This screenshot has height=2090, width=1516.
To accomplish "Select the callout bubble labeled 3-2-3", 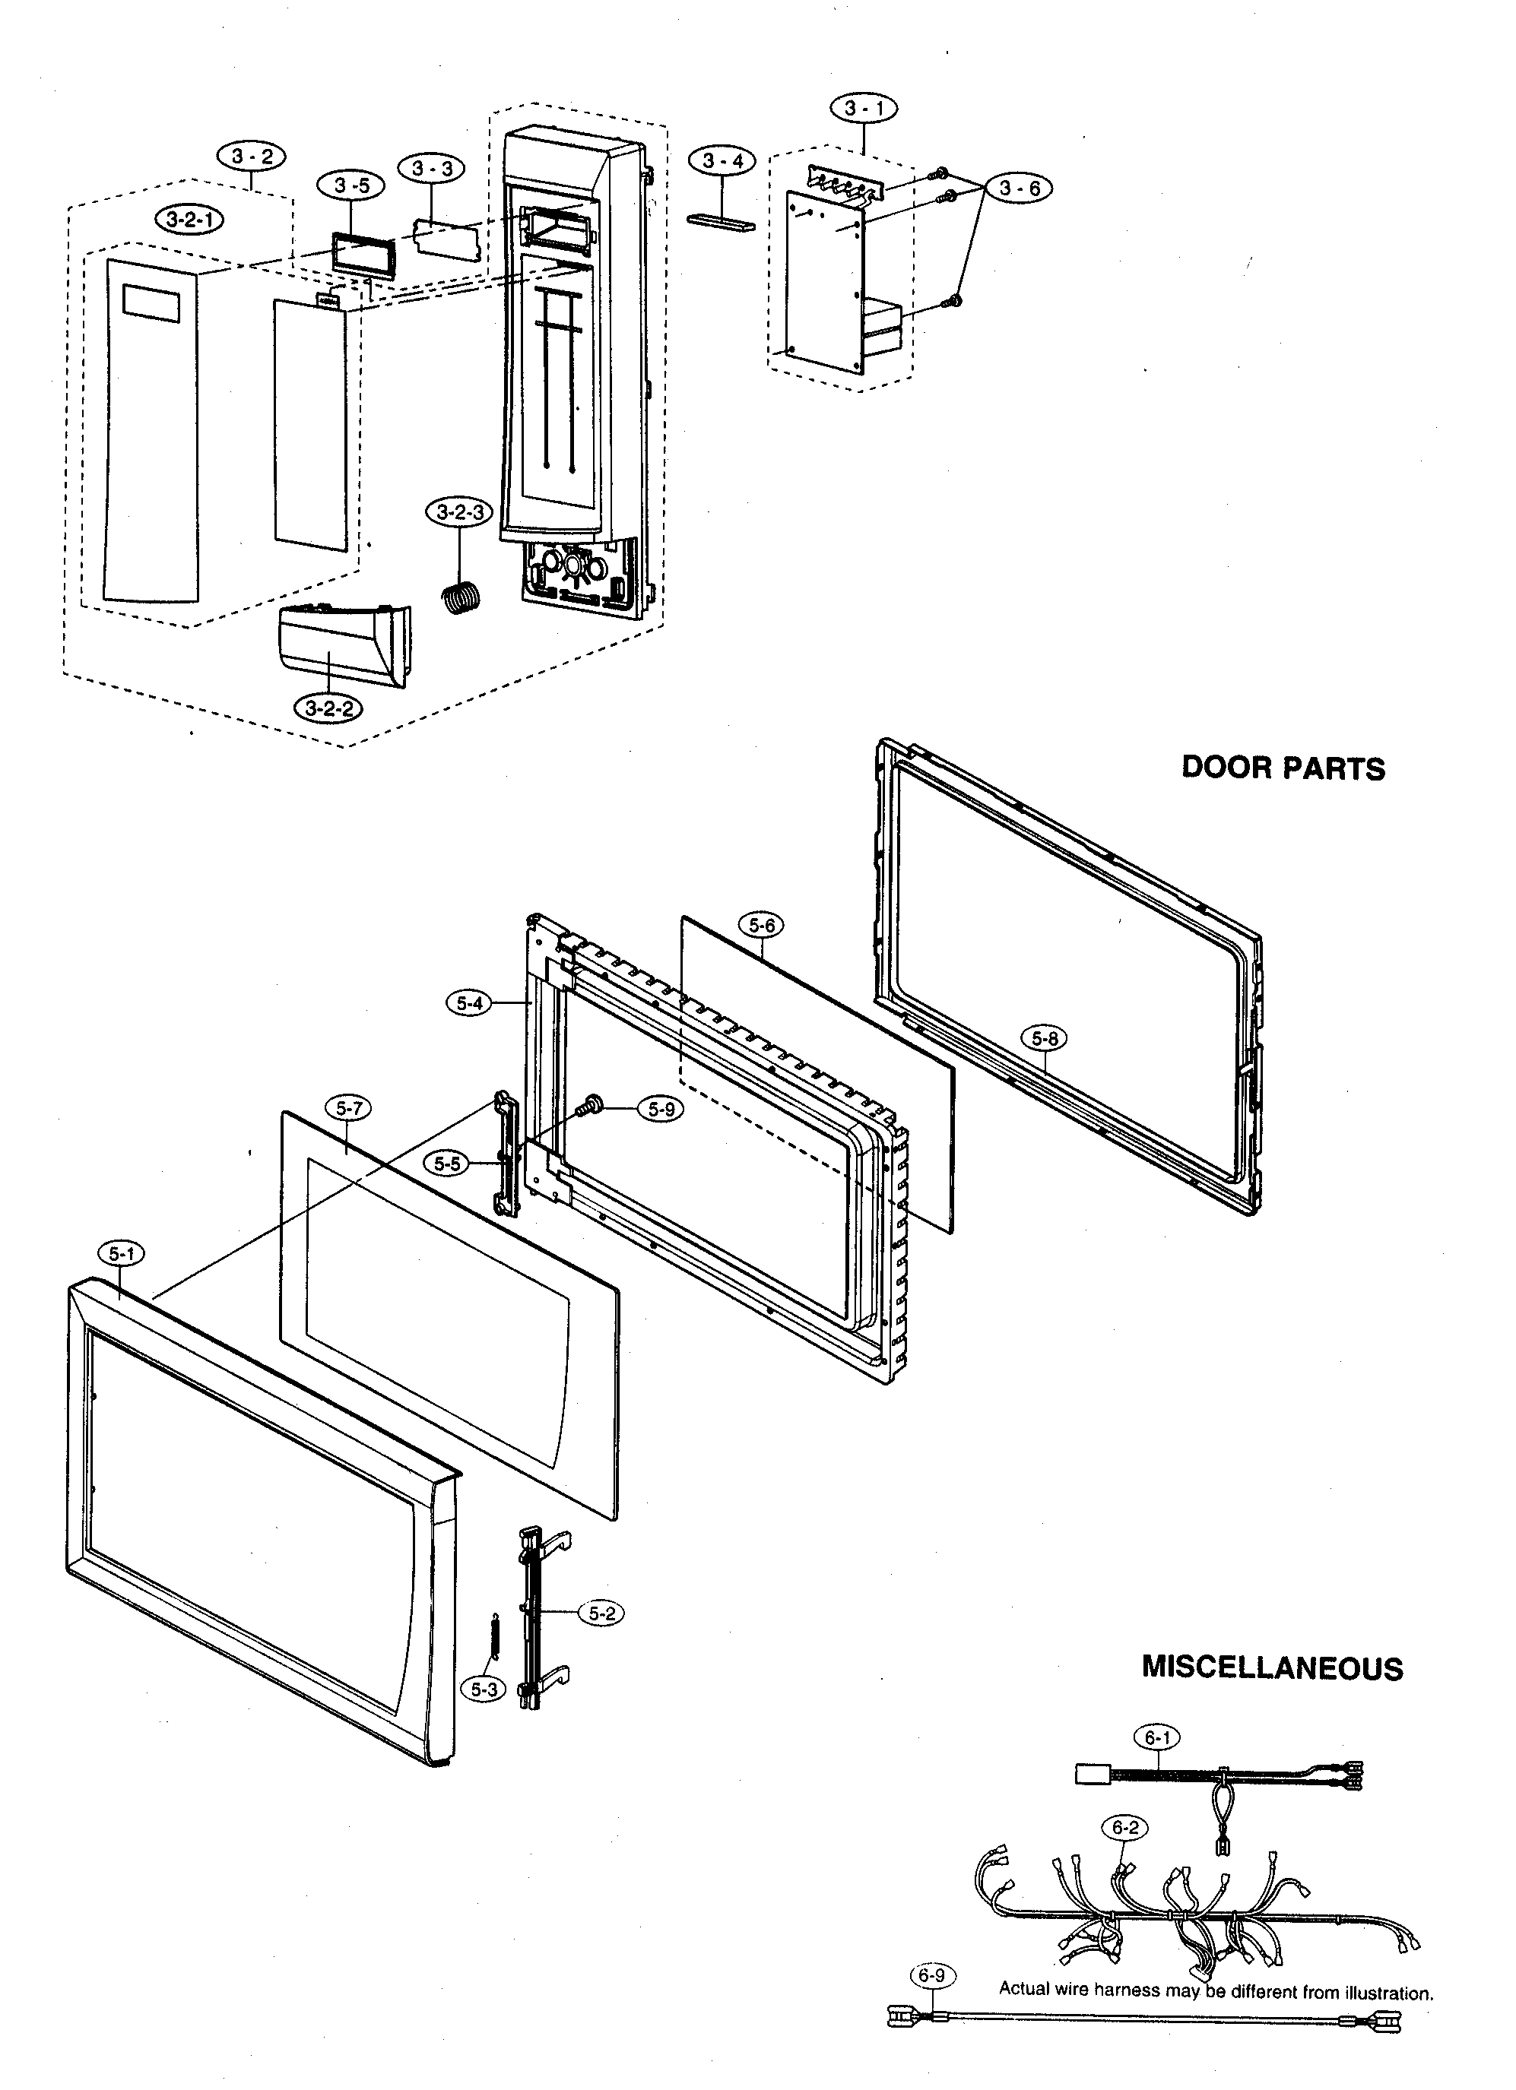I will pyautogui.click(x=459, y=512).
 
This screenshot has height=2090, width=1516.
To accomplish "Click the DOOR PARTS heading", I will pyautogui.click(x=1283, y=768).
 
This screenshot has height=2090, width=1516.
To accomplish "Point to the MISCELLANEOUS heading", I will pyautogui.click(x=1272, y=1668).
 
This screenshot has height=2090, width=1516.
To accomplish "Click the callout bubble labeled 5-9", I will pyautogui.click(x=661, y=1110).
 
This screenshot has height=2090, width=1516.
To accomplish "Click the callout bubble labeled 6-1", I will pyautogui.click(x=1156, y=1738).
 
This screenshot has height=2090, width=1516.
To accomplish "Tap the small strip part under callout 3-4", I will pyautogui.click(x=721, y=222).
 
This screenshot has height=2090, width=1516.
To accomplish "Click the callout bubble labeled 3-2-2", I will pyautogui.click(x=327, y=708).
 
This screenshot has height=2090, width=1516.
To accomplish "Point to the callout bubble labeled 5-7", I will pyautogui.click(x=348, y=1109).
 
